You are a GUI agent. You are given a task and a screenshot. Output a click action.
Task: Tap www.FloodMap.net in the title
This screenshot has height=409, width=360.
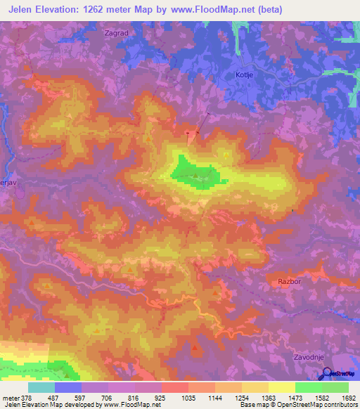[257, 9]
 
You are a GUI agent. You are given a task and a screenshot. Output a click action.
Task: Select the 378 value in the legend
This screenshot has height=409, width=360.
[26, 397]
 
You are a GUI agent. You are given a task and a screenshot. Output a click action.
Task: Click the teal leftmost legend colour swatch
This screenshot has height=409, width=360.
[41, 387]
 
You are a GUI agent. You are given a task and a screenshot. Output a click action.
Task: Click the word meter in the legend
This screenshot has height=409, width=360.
[10, 397]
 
